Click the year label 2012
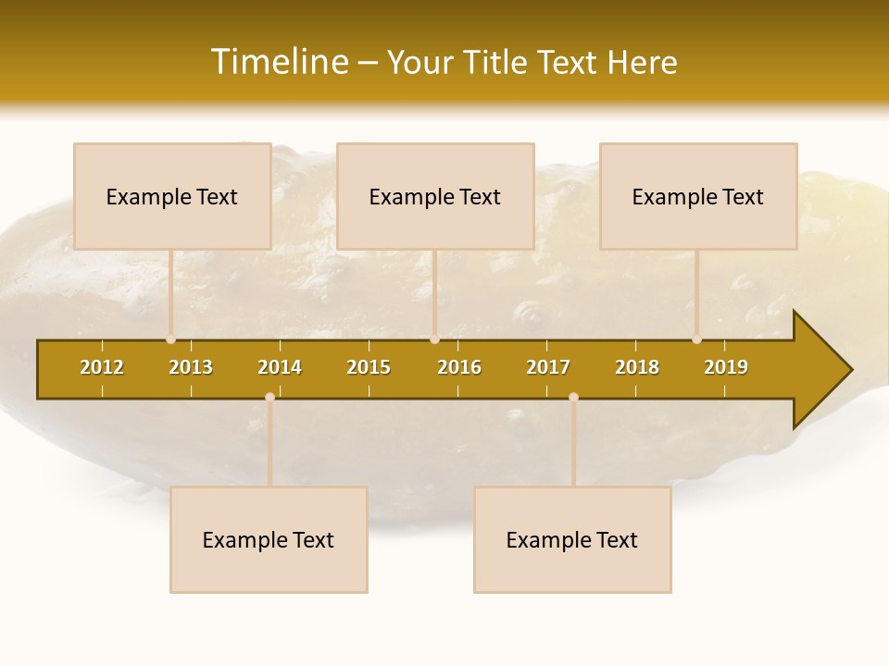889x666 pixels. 102,367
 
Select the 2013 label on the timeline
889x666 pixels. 191,367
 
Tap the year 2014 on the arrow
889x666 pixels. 280,367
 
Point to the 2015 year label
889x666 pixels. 369,367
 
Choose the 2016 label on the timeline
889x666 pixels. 459,367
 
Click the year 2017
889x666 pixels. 548,367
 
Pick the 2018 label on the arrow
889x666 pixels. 637,367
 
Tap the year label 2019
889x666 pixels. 726,367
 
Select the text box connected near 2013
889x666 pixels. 172,196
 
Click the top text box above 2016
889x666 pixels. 435,196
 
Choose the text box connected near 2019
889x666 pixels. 698,196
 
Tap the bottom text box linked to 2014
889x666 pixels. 269,539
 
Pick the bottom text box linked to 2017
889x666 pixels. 572,539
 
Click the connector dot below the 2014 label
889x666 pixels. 269,397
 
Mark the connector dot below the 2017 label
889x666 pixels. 573,397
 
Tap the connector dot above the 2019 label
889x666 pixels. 696,339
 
